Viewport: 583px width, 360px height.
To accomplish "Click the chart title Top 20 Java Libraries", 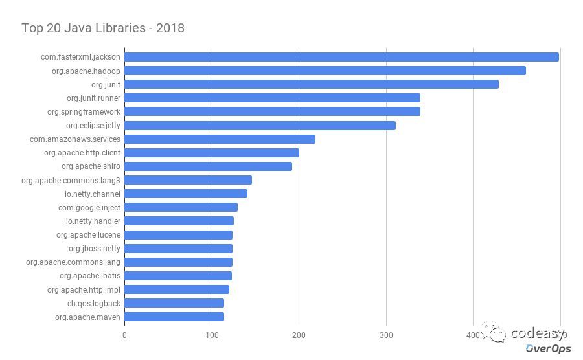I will (x=103, y=28).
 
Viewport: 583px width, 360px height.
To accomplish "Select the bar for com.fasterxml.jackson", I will (x=341, y=57).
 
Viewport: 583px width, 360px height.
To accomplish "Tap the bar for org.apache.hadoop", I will (x=325, y=71).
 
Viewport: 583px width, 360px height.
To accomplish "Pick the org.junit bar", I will (x=312, y=84).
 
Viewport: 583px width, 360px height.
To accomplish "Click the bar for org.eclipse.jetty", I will (x=260, y=126).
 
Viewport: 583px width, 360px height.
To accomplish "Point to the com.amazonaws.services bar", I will (x=220, y=139).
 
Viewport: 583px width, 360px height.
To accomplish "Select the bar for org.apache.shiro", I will (x=208, y=166).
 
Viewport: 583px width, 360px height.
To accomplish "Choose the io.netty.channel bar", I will (x=186, y=194).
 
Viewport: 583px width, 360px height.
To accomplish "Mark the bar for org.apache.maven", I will (x=174, y=317).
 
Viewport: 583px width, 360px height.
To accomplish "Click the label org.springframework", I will (x=84, y=112).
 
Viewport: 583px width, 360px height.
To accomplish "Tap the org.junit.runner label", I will (x=93, y=98).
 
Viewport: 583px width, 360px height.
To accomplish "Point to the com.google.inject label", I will (x=89, y=208).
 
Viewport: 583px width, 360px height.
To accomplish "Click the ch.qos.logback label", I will (x=94, y=303).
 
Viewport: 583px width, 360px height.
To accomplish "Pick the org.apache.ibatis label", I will (x=90, y=276).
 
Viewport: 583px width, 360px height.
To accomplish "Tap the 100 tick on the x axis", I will (x=212, y=335).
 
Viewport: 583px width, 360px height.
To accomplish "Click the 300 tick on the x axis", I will (x=386, y=335).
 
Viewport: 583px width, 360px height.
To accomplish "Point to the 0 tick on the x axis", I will (x=124, y=335).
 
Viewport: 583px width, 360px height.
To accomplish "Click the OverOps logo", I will (x=548, y=348).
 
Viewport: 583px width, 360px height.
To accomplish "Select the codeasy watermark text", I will (x=537, y=333).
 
